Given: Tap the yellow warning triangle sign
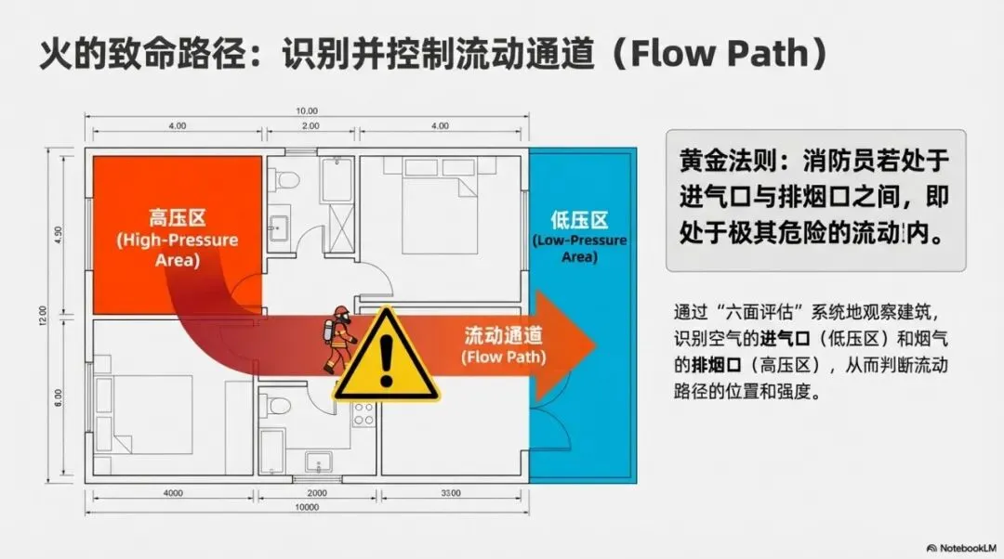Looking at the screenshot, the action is click(x=386, y=357).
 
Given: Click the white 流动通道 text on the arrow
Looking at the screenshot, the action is click(x=503, y=336).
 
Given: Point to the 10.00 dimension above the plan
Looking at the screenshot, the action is click(x=306, y=110).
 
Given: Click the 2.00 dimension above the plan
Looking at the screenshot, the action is click(x=310, y=125).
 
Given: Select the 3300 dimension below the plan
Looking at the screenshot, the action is click(x=452, y=493).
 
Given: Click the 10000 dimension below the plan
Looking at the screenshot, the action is click(x=306, y=508).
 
